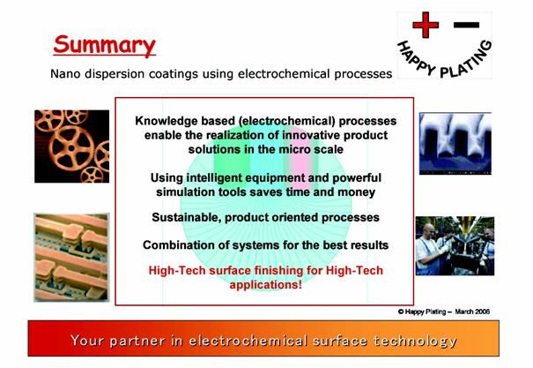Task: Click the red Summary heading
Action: [x=104, y=45]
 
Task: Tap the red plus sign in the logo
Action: [x=426, y=25]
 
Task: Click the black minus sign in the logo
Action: [x=466, y=25]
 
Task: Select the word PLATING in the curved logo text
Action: [x=467, y=61]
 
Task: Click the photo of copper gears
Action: [x=71, y=146]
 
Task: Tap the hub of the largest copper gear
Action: [x=71, y=148]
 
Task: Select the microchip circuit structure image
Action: [x=71, y=258]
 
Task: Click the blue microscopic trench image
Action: [x=455, y=143]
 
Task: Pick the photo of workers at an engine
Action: [x=455, y=246]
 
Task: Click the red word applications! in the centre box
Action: [x=265, y=284]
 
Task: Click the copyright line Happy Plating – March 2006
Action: [x=444, y=312]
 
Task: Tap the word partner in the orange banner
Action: [x=137, y=341]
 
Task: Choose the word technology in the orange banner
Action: [x=415, y=341]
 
